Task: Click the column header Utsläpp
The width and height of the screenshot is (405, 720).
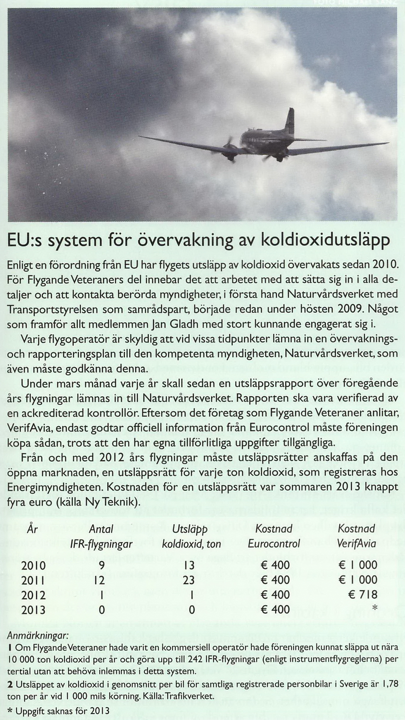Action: [190, 529]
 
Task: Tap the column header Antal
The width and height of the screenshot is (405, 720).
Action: [101, 529]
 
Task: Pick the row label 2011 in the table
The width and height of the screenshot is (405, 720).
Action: [34, 580]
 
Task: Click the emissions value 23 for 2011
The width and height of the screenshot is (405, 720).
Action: [189, 580]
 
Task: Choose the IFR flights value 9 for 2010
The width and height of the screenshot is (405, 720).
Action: [102, 565]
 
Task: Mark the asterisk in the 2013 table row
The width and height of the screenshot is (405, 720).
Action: [374, 609]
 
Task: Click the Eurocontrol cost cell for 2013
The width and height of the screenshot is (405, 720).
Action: [275, 610]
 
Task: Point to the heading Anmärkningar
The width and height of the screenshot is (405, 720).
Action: [37, 636]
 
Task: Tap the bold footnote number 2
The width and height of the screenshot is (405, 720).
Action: [10, 685]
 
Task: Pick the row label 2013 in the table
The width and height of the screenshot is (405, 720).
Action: [34, 610]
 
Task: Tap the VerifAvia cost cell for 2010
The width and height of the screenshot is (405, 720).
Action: [358, 565]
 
